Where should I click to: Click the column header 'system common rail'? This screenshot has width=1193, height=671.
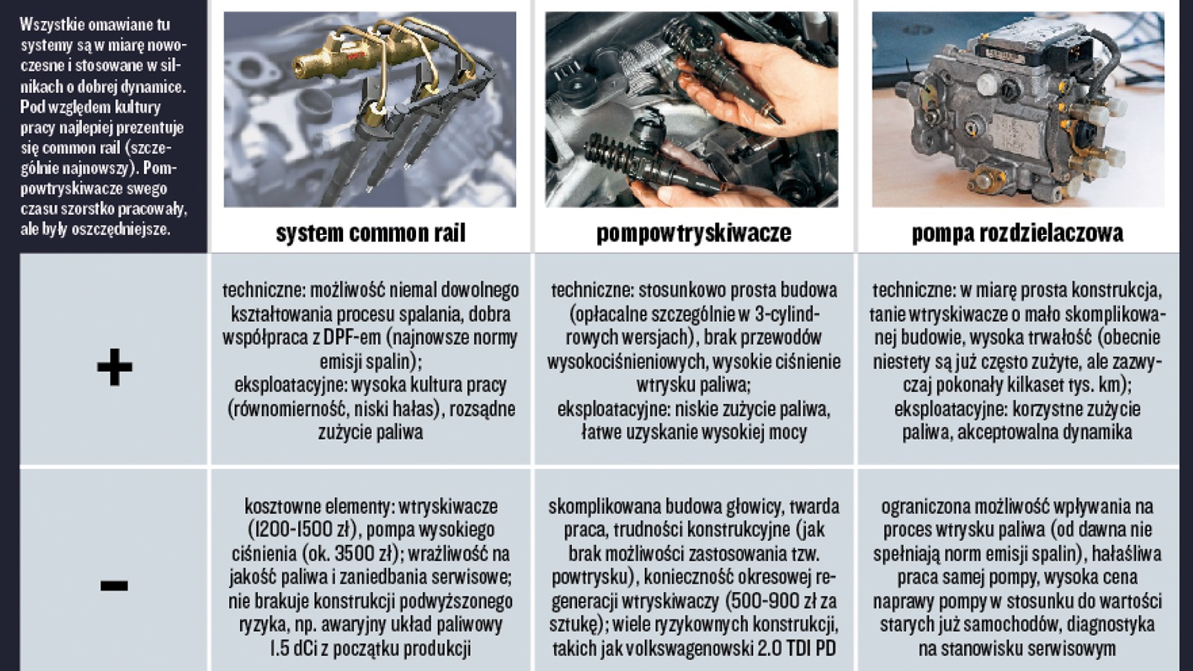click(x=371, y=233)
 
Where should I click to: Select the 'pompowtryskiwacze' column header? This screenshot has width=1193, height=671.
click(x=693, y=233)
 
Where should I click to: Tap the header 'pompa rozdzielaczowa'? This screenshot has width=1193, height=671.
click(x=1017, y=233)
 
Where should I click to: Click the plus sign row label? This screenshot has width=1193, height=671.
click(x=114, y=367)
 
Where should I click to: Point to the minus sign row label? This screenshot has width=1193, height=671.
click(x=114, y=586)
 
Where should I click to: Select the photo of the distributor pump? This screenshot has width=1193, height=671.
click(x=1018, y=110)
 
